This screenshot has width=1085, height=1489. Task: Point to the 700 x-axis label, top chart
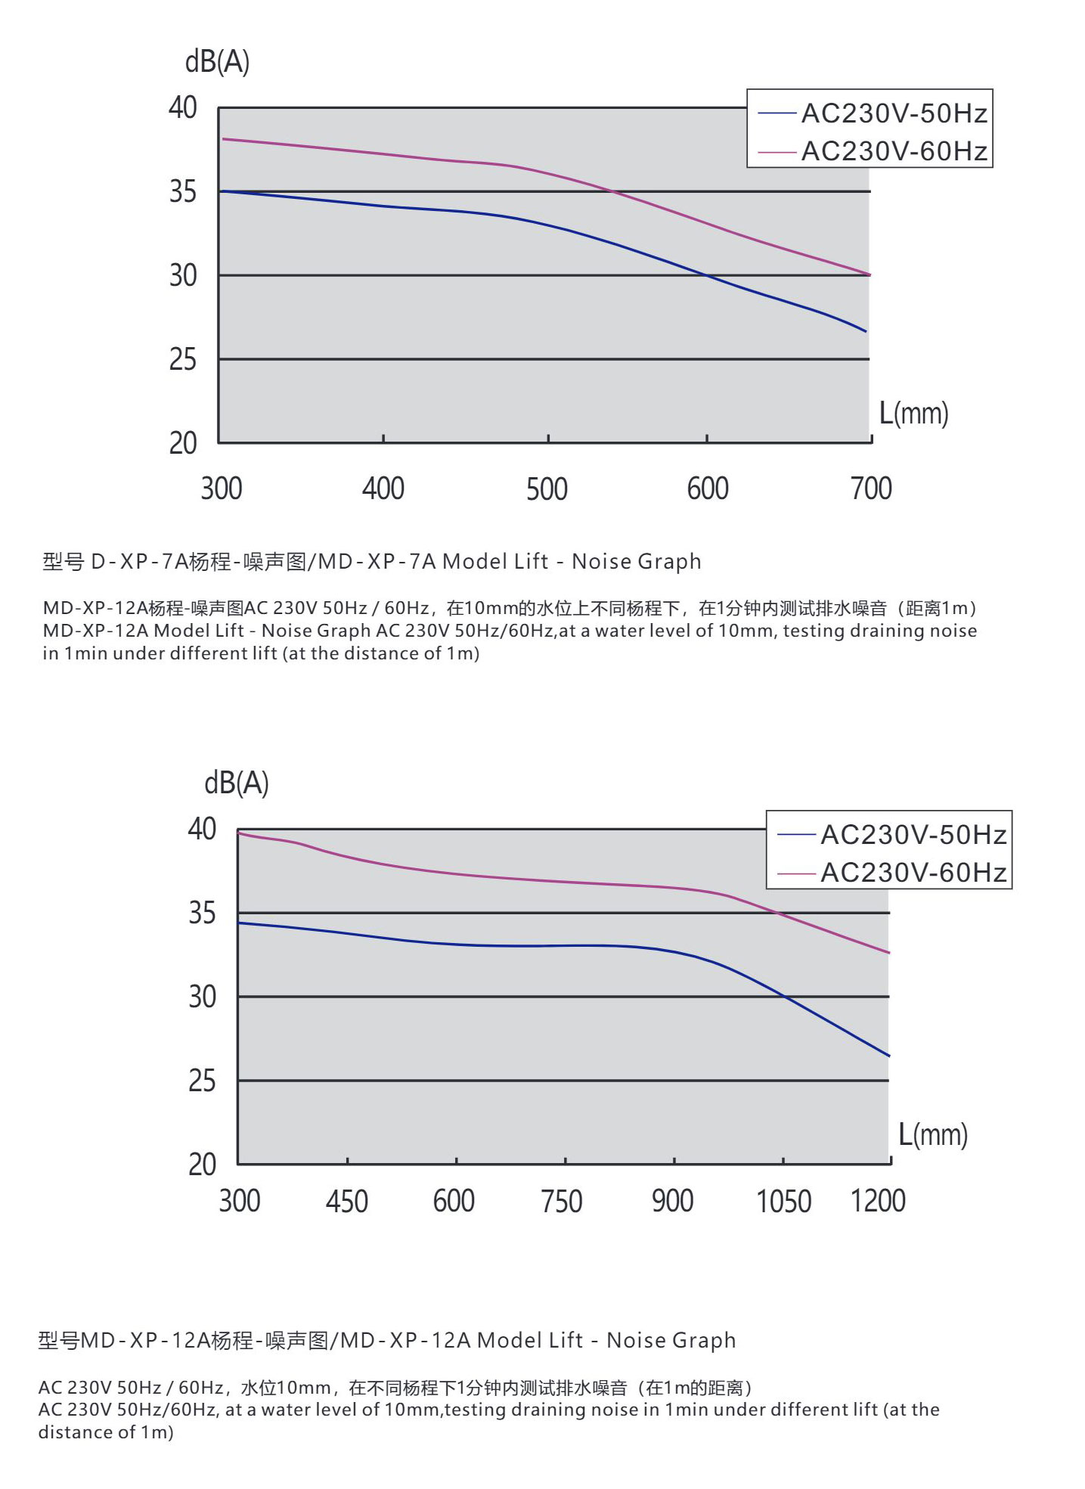coord(871,489)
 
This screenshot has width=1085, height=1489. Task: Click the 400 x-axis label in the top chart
coord(383,489)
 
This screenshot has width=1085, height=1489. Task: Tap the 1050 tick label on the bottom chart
coord(784,1202)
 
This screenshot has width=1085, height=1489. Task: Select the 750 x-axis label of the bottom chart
coord(562,1202)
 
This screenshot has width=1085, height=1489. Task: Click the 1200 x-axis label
coord(878,1202)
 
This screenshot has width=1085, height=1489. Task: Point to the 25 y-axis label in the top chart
coord(183,359)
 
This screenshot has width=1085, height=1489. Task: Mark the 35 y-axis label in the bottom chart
coord(202,914)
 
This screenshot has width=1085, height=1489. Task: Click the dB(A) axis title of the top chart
coord(217,61)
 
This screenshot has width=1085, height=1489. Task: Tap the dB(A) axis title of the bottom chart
coord(237,783)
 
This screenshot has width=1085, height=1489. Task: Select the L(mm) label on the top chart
coord(913,414)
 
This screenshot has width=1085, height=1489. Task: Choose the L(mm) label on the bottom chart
coord(933,1135)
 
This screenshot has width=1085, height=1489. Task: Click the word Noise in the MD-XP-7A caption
coord(593,562)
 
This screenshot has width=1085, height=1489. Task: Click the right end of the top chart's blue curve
coord(866,331)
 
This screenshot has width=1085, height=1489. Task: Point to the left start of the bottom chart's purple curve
coord(239,833)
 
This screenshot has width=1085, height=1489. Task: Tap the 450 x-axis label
coord(347,1202)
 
